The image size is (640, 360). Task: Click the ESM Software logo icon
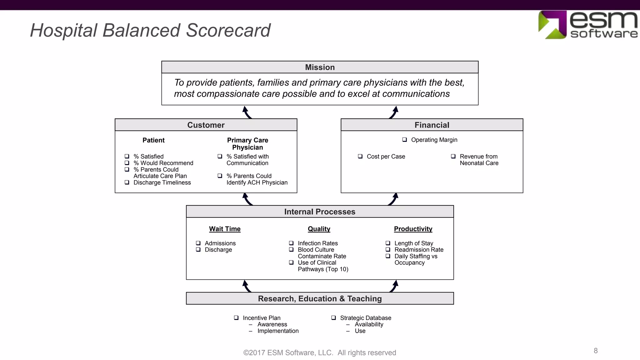[552, 25]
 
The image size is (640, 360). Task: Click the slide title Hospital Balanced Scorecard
[150, 31]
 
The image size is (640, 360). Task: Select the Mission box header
[320, 67]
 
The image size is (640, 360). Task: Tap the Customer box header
[206, 125]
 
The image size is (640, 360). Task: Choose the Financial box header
[432, 125]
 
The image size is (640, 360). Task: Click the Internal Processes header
[320, 212]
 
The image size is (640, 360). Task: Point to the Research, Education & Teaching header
[320, 298]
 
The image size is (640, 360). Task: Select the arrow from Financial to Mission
[393, 112]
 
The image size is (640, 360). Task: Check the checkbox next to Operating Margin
[405, 140]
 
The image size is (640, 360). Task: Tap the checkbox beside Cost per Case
[360, 156]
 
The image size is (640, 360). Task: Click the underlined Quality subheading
[319, 229]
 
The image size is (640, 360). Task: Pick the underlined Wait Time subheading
[225, 229]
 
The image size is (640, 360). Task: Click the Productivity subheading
[413, 229]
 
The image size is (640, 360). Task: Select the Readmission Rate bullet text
[419, 250]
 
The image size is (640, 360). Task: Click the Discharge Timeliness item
[162, 182]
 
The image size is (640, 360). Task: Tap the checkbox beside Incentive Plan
[236, 318]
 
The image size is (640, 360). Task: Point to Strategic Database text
[365, 318]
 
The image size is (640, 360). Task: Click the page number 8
[596, 351]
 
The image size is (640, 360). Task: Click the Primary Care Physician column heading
[247, 144]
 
